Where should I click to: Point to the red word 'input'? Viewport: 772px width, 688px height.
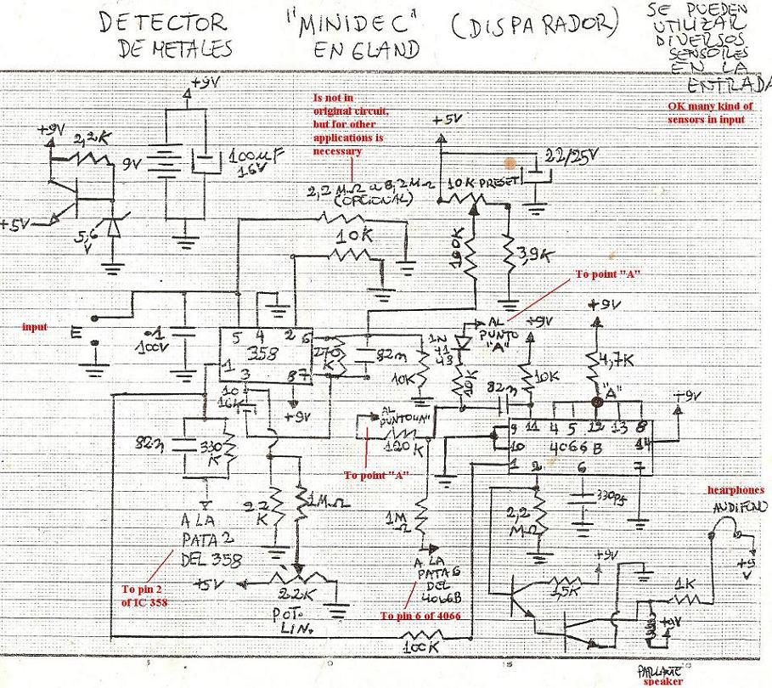click(x=35, y=326)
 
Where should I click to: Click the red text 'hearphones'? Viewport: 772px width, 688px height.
click(x=735, y=490)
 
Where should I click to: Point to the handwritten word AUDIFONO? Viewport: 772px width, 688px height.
click(x=741, y=507)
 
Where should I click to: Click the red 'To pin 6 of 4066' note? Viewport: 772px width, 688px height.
click(x=420, y=616)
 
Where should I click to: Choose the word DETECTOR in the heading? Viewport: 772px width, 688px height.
click(x=162, y=24)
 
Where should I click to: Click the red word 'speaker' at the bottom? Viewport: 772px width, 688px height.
click(x=662, y=681)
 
